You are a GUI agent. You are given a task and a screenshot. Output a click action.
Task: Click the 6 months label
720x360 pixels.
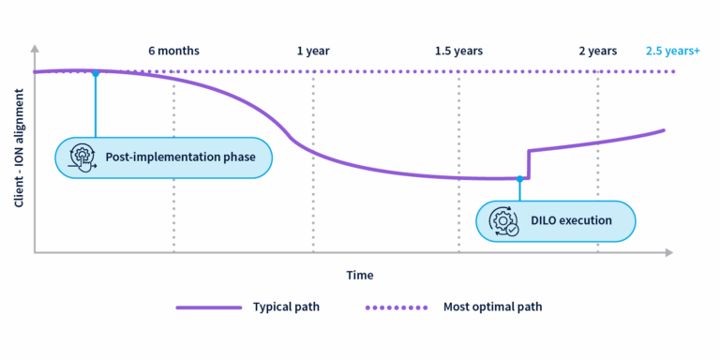173,51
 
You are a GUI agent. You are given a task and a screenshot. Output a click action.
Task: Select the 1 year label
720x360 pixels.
313,51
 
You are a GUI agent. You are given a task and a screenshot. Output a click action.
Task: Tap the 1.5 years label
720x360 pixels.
458,51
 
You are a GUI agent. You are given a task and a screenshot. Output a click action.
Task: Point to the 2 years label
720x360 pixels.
597,51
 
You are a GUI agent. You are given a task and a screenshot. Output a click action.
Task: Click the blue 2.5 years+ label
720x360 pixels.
673,51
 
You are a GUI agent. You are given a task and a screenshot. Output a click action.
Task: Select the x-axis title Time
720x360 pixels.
359,275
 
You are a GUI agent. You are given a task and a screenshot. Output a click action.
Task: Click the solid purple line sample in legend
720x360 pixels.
207,307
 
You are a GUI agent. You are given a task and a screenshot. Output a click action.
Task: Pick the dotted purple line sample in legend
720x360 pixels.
395,307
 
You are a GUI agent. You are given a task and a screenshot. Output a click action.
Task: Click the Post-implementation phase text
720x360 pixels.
180,157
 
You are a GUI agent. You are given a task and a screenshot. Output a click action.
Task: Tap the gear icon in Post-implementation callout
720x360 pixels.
82,157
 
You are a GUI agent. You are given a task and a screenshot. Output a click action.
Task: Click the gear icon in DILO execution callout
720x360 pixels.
503,221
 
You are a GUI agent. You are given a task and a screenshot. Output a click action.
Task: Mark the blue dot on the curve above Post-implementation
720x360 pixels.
96,72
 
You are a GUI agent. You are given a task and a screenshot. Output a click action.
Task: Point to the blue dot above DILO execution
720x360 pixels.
518,178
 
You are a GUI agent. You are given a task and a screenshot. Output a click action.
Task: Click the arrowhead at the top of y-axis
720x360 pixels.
35,46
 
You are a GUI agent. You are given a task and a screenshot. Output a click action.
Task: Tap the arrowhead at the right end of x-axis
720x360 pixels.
668,252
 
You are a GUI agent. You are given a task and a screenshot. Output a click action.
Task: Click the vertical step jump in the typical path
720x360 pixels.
529,164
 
